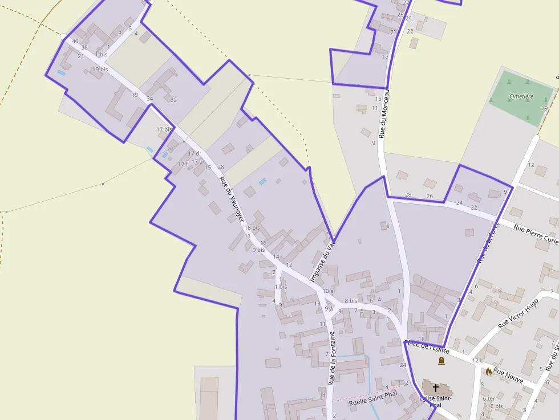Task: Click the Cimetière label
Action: (x=521, y=96)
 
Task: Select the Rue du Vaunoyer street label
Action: (x=232, y=199)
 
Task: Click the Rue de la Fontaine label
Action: (x=331, y=358)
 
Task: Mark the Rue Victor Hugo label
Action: (x=518, y=314)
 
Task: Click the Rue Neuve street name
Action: (x=508, y=376)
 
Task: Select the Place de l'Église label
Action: (x=427, y=346)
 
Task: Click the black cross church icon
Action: (x=436, y=388)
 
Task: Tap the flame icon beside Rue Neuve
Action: (x=489, y=372)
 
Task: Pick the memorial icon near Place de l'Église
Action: (x=441, y=361)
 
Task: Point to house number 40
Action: (x=75, y=41)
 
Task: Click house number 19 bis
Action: (x=100, y=70)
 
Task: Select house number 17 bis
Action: (x=164, y=129)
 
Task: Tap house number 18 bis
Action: (x=252, y=227)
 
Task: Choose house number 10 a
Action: (x=327, y=291)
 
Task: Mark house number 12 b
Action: (x=477, y=360)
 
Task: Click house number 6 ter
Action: (x=489, y=398)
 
